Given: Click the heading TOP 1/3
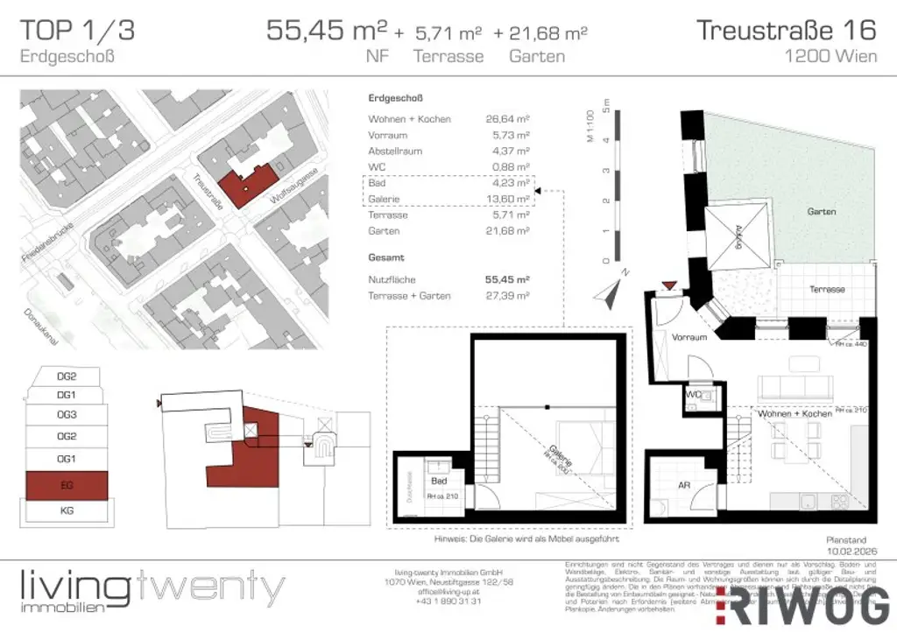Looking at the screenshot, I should pos(77,30).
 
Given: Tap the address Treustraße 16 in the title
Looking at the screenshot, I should pos(786,30).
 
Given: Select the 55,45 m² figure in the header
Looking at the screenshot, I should pos(327,31).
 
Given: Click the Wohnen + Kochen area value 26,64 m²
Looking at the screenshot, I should pos(509,119).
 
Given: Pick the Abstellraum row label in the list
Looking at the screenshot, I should pos(395,151).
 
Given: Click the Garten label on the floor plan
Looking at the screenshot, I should pos(822,212).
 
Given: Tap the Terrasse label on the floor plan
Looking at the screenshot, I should pos(827,289).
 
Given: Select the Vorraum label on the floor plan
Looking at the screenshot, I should pos(689,337).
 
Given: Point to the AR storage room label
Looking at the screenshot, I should pos(685,484).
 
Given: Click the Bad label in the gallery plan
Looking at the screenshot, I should pos(439,482).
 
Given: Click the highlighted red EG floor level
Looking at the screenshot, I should pos(67,484).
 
